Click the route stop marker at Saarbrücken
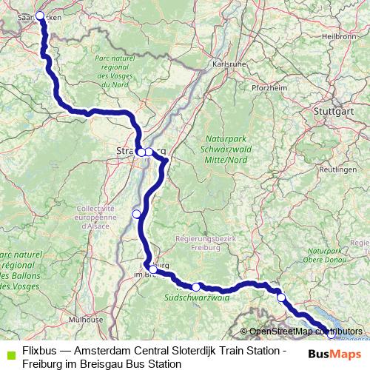pos(40,15)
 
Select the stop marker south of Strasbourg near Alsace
pos(136,214)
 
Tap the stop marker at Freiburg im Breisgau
pos(150,268)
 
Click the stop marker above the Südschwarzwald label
pos(196,287)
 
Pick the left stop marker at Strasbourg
pos(141,152)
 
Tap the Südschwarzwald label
pos(197,298)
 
